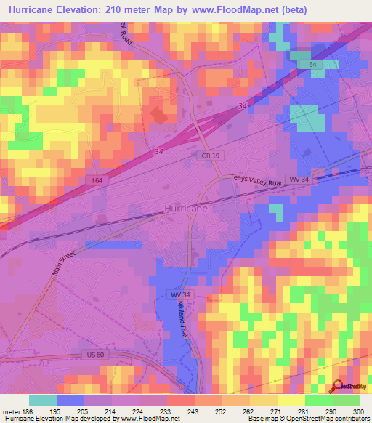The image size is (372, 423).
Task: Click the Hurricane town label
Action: (187, 208)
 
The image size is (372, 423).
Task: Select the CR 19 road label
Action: (207, 155)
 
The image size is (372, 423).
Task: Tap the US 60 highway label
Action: (92, 354)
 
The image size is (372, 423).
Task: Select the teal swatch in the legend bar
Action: (43, 400)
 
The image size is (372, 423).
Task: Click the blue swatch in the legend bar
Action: (70, 400)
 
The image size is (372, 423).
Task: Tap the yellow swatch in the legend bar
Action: (291, 400)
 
